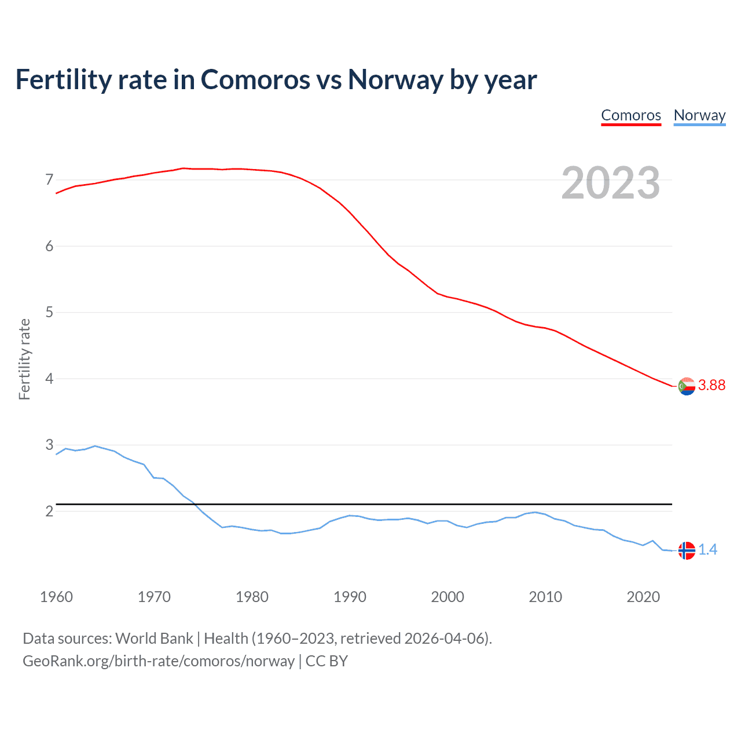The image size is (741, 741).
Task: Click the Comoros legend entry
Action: click(631, 115)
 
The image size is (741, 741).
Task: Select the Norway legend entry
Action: click(699, 115)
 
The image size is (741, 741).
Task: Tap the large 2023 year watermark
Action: click(610, 183)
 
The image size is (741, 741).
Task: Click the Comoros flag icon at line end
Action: click(686, 386)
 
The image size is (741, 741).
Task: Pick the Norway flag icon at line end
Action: click(686, 551)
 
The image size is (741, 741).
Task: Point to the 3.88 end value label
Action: click(711, 386)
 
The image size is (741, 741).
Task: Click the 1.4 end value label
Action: click(707, 550)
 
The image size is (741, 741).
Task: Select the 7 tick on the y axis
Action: click(49, 180)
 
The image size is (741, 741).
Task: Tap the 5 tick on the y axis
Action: click(49, 313)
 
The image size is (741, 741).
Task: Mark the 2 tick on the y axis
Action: click(49, 511)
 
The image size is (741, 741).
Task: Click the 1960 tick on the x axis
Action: click(56, 597)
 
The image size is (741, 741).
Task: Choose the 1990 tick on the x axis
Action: click(350, 597)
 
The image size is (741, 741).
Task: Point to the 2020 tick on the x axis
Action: click(643, 597)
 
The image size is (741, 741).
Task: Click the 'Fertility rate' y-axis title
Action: click(24, 359)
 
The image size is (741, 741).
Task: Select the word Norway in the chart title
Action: click(395, 79)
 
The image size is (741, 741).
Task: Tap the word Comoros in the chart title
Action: click(255, 79)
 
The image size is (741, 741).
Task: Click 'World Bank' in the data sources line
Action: click(154, 639)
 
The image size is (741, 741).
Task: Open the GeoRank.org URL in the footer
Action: click(158, 661)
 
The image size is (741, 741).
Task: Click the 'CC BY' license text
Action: click(327, 661)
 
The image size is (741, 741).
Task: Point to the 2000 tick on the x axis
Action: click(447, 597)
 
